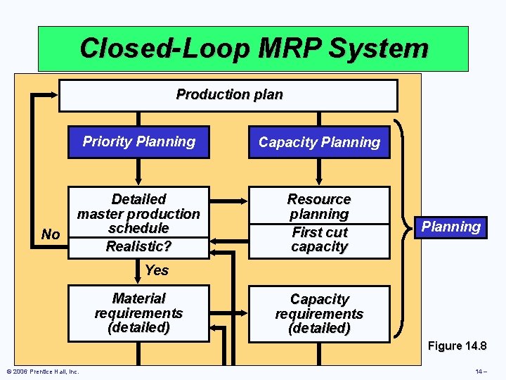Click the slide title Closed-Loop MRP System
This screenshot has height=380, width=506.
(253, 49)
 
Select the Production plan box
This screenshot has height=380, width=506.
(228, 95)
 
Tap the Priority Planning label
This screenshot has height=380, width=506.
(138, 141)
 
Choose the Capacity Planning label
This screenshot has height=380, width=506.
(319, 142)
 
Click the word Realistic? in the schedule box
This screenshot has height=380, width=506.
(138, 246)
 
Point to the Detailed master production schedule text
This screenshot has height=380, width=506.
(138, 214)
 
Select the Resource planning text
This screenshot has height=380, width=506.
(319, 206)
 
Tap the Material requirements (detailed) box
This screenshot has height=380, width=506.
(138, 313)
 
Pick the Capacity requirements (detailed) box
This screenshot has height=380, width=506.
(319, 314)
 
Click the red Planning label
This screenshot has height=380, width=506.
(450, 227)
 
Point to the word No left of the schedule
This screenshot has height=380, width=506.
(51, 234)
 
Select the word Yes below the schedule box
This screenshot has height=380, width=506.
(156, 270)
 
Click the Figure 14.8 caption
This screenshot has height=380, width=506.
(458, 346)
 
